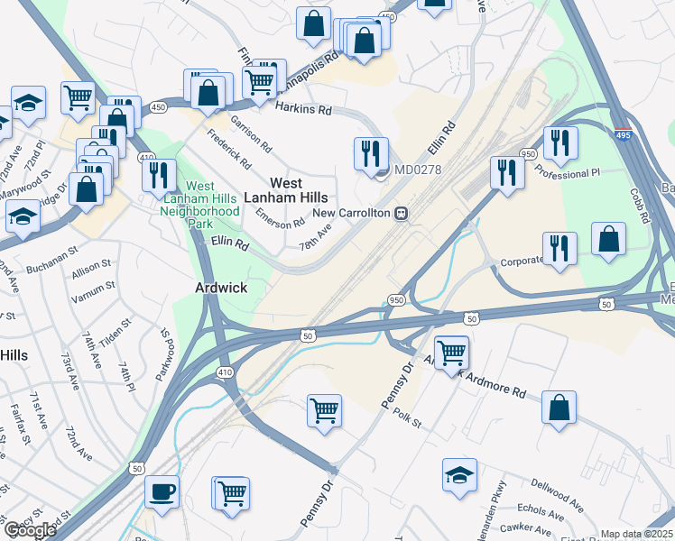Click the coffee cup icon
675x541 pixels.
[162, 492]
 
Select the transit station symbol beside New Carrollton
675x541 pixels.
[399, 214]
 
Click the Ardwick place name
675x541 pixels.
[221, 288]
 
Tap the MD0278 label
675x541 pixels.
[419, 169]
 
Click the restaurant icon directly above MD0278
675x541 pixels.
[371, 154]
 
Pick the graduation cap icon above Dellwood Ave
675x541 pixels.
[459, 474]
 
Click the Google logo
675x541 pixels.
[30, 531]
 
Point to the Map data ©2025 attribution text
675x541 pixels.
[636, 534]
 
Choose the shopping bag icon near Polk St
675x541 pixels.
[559, 408]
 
